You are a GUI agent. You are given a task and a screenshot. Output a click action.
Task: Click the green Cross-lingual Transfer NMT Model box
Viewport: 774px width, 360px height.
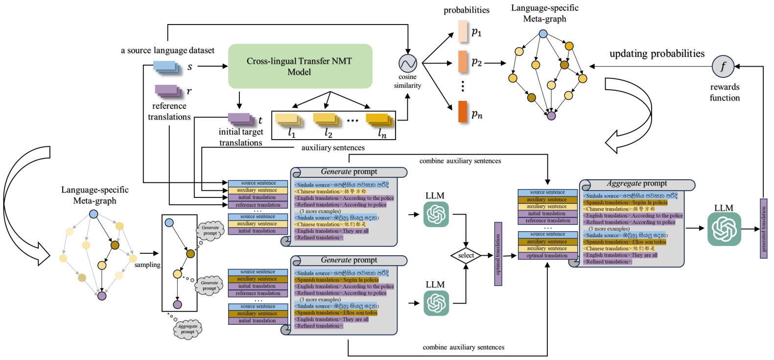point(300,66)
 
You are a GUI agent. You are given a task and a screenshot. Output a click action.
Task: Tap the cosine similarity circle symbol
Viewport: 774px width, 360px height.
point(407,63)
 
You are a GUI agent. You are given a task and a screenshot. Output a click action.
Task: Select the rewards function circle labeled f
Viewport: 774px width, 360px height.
point(723,66)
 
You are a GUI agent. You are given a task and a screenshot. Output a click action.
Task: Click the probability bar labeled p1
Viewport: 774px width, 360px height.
point(463,31)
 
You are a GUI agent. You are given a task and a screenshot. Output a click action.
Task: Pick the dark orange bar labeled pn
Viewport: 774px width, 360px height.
point(463,112)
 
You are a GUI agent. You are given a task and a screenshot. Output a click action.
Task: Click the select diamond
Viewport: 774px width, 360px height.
point(466,256)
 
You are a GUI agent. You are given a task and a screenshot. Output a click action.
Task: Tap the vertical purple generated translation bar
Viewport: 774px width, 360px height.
point(763,228)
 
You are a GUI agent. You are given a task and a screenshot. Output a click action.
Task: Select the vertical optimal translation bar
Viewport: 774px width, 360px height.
point(498,254)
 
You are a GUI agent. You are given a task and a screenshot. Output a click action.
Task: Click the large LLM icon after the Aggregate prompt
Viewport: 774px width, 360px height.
point(724,229)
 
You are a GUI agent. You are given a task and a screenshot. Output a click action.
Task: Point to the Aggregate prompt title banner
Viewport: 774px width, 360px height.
point(637,184)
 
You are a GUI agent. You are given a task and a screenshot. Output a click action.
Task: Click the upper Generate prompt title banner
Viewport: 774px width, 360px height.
point(349,172)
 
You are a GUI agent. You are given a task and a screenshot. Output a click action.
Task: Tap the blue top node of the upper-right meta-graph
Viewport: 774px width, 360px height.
point(543,34)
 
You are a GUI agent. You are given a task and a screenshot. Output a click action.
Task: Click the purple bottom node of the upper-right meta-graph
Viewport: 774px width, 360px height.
point(551,116)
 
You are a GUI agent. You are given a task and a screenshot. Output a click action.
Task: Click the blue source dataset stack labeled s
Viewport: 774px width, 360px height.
point(167,67)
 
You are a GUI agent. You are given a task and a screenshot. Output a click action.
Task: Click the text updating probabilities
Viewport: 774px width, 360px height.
point(657,54)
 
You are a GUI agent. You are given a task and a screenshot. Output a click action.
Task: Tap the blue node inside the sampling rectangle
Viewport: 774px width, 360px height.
point(169,223)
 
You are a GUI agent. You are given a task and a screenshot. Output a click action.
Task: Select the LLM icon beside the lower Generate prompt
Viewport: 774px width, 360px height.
point(436,303)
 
